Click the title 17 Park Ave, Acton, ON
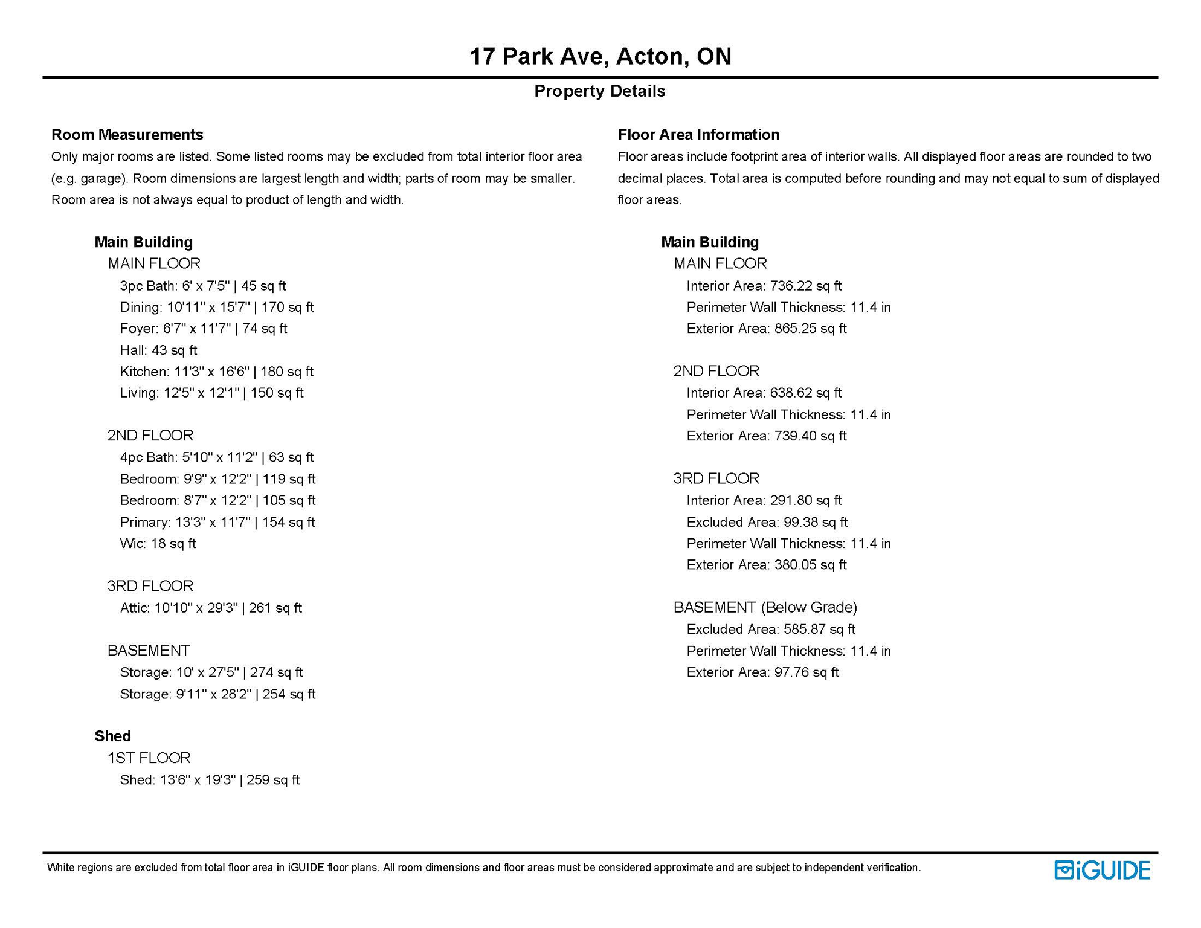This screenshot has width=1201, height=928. click(x=600, y=56)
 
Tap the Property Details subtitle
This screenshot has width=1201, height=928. click(x=599, y=91)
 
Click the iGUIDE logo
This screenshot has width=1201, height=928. click(x=1102, y=870)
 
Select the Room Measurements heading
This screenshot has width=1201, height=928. click(x=127, y=134)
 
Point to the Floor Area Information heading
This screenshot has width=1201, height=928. click(x=698, y=134)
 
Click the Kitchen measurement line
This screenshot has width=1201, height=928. click(x=216, y=372)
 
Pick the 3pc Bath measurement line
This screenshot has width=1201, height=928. click(x=203, y=286)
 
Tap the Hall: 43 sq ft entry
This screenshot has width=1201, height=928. click(x=158, y=350)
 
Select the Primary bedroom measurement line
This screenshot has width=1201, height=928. click(x=217, y=522)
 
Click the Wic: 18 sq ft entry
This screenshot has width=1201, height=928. click(x=158, y=544)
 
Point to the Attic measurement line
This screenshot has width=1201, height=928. click(x=211, y=608)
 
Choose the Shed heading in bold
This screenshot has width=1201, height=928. click(x=112, y=736)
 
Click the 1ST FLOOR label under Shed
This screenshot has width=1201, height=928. click(x=149, y=758)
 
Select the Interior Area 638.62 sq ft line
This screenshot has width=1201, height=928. click(x=764, y=393)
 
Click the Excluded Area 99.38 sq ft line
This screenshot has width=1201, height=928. click(x=767, y=522)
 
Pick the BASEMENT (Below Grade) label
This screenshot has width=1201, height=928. click(x=765, y=607)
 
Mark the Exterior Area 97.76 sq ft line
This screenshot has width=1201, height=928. click(x=762, y=672)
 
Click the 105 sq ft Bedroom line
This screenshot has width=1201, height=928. click(x=217, y=500)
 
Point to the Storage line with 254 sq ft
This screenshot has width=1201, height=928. click(x=217, y=694)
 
